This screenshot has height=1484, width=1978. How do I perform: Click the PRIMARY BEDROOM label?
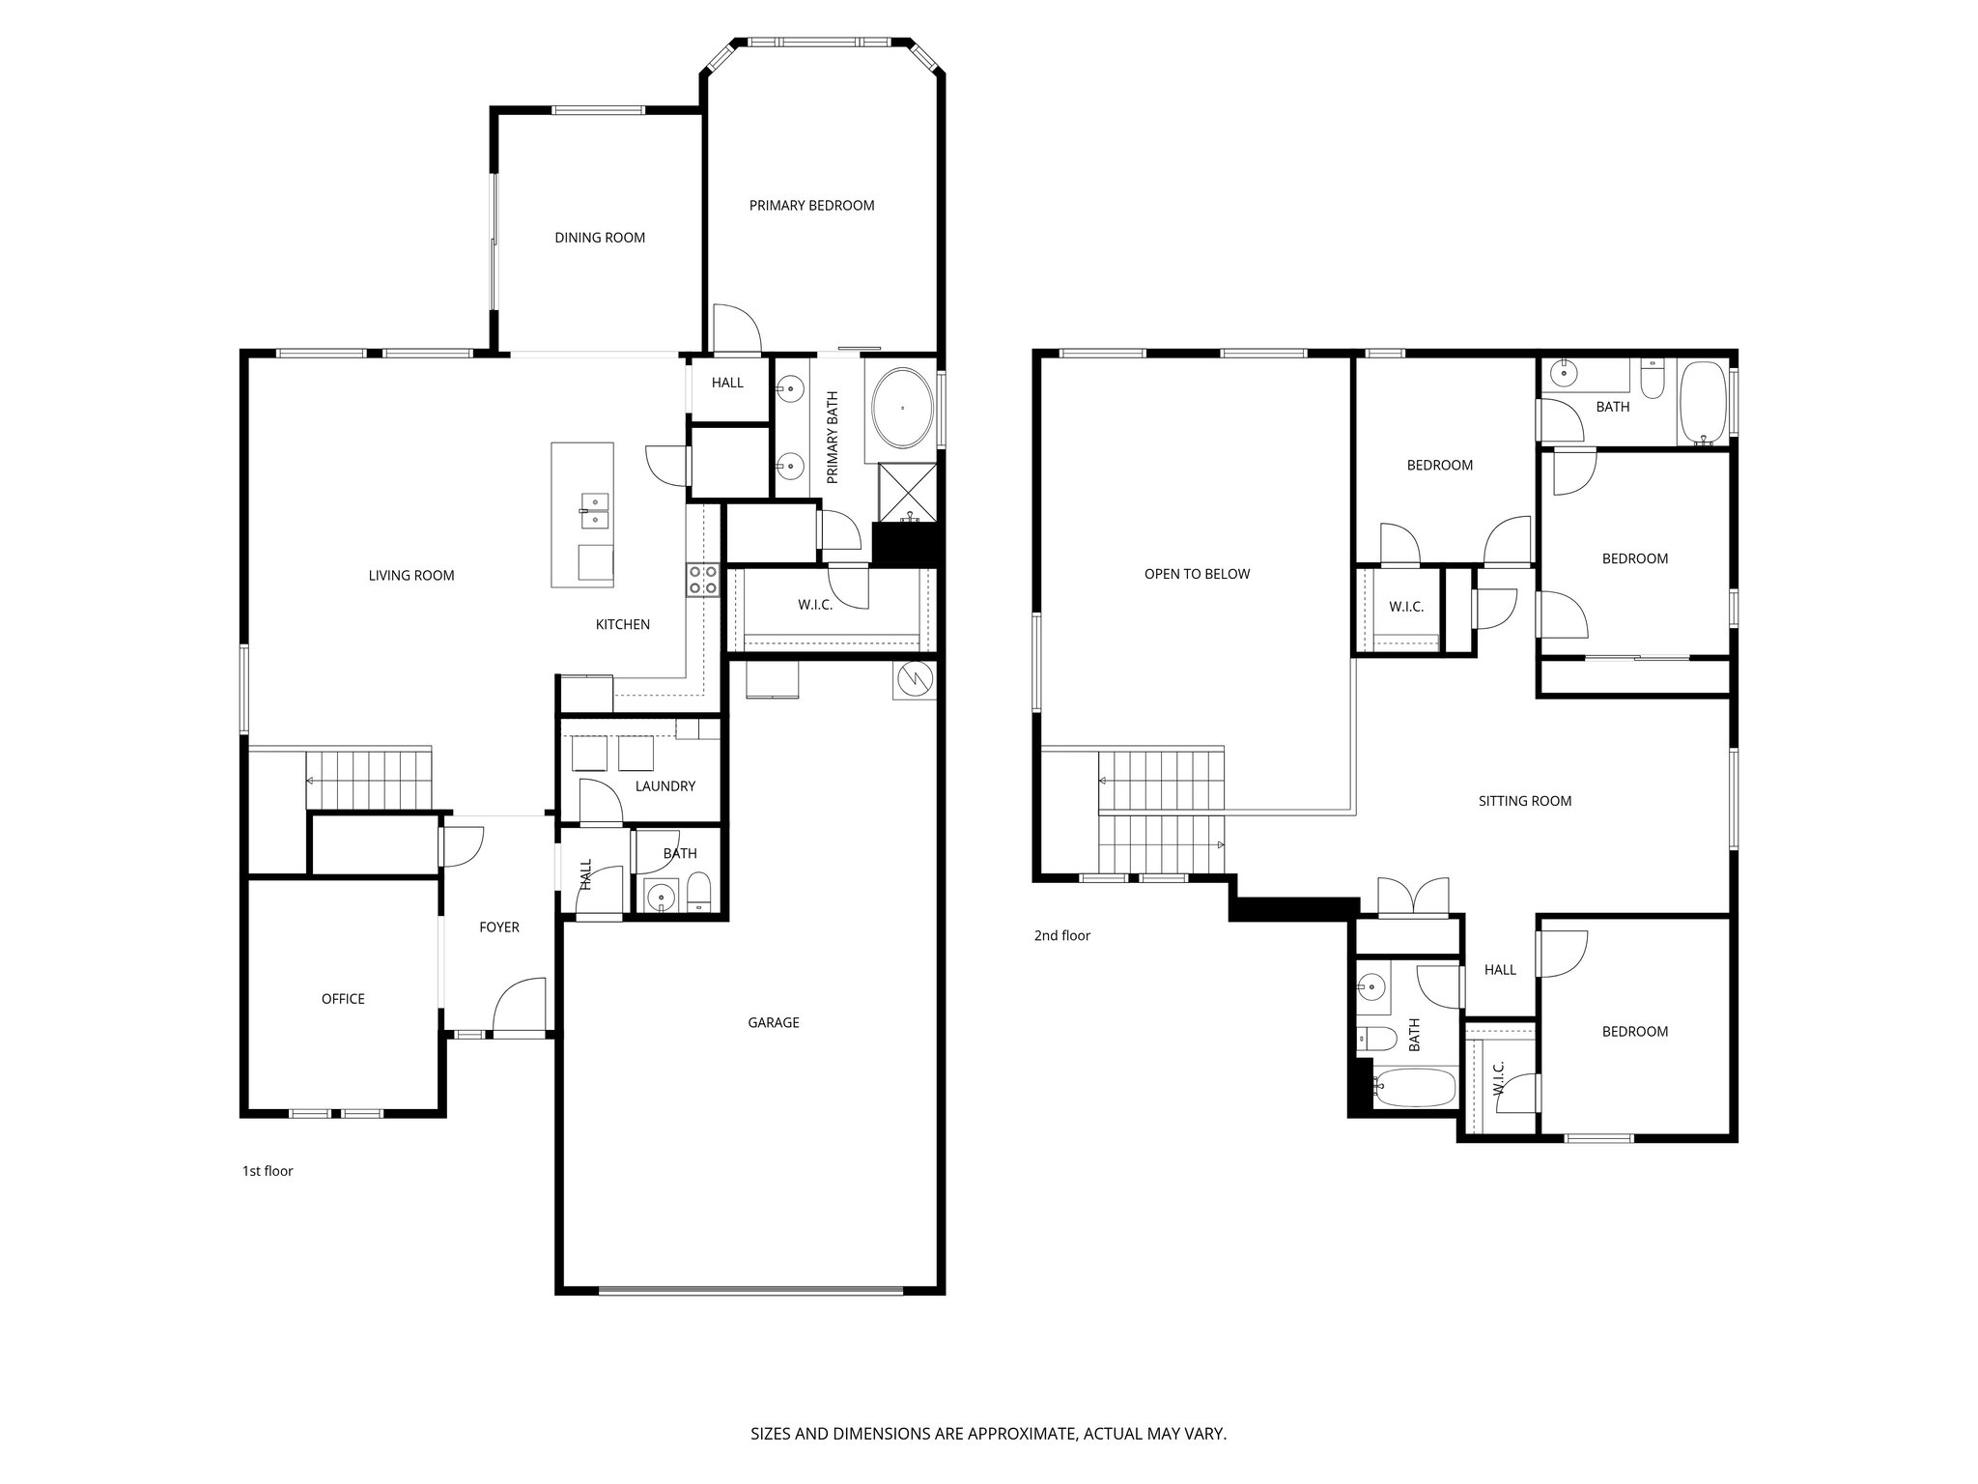pyautogui.click(x=811, y=205)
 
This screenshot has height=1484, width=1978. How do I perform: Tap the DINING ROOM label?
pyautogui.click(x=599, y=238)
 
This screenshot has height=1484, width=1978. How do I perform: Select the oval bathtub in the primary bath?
pyautogui.click(x=903, y=408)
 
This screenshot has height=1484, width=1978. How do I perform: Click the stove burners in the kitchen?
pyautogui.click(x=702, y=580)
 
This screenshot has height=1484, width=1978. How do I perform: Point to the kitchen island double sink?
pyautogui.click(x=594, y=509)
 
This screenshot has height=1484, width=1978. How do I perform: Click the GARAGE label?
pyautogui.click(x=773, y=1022)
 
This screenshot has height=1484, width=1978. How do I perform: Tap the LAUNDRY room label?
pyautogui.click(x=664, y=786)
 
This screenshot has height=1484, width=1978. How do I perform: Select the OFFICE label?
pyautogui.click(x=343, y=999)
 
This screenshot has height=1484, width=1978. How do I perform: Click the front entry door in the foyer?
pyautogui.click(x=519, y=1010)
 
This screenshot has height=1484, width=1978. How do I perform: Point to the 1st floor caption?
pyautogui.click(x=268, y=1171)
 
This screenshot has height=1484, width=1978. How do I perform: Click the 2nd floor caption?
pyautogui.click(x=1061, y=935)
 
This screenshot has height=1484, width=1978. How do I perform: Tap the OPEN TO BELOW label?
pyautogui.click(x=1197, y=574)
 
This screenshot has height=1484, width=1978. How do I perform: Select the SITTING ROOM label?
pyautogui.click(x=1524, y=801)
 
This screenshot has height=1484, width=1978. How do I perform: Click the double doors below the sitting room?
pyautogui.click(x=1413, y=896)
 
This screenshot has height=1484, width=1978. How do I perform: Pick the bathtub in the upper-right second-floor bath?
pyautogui.click(x=1705, y=404)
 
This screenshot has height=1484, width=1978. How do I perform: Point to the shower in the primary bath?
pyautogui.click(x=908, y=493)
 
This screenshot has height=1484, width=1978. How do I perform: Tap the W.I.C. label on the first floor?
pyautogui.click(x=815, y=605)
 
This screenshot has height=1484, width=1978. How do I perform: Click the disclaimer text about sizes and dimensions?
pyautogui.click(x=988, y=1434)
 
